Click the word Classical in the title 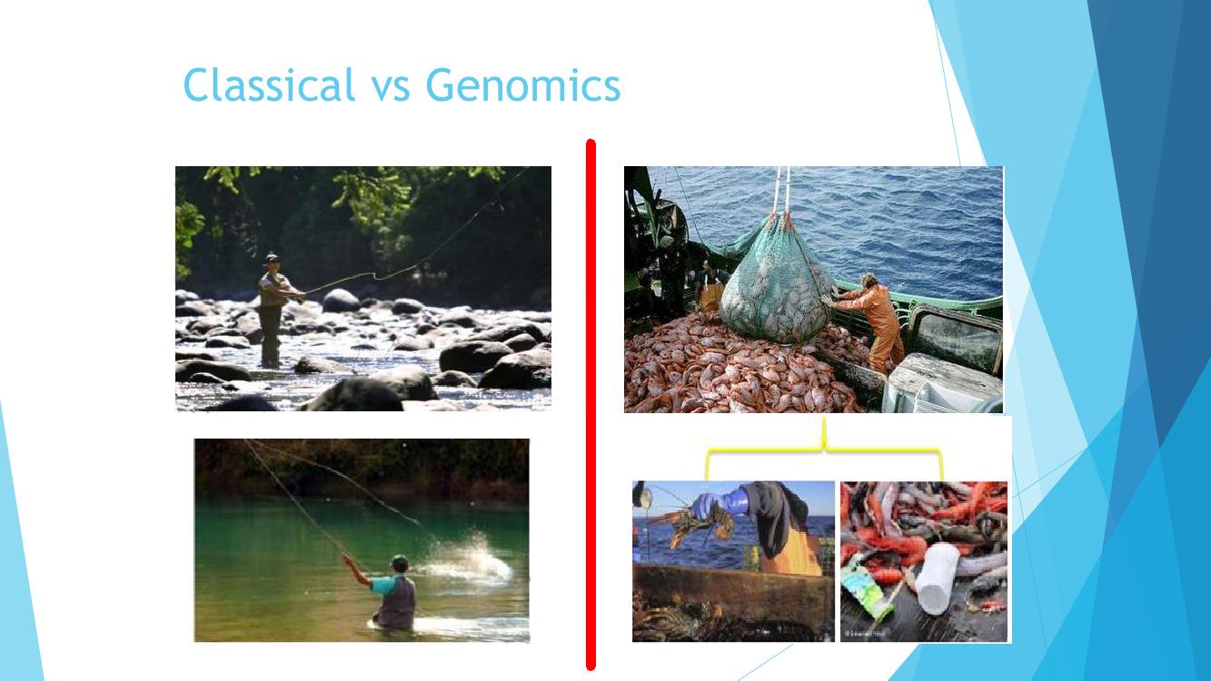click(269, 84)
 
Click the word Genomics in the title click(523, 85)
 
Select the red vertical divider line click(591, 404)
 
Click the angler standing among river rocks click(274, 311)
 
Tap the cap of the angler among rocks click(273, 259)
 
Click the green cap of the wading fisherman click(400, 561)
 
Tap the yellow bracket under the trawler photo click(825, 449)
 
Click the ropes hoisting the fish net click(782, 191)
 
